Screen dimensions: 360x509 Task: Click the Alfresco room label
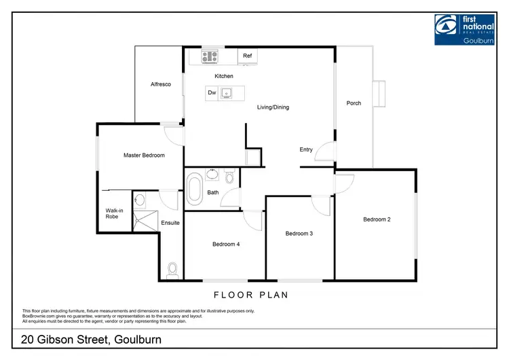160,84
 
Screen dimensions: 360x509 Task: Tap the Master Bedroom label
144,156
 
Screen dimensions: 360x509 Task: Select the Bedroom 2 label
377,219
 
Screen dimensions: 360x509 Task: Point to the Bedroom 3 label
299,234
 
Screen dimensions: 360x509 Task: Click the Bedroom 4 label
226,245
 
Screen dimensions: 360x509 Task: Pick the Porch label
354,103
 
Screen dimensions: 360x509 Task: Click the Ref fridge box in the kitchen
247,56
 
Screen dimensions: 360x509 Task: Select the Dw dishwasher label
212,93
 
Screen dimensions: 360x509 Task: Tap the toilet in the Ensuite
172,270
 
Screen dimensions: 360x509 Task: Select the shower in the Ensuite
145,219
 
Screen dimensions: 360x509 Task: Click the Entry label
306,149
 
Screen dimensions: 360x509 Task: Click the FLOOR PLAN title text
251,295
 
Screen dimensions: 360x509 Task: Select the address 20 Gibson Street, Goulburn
90,339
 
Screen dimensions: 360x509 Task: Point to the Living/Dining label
274,107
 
